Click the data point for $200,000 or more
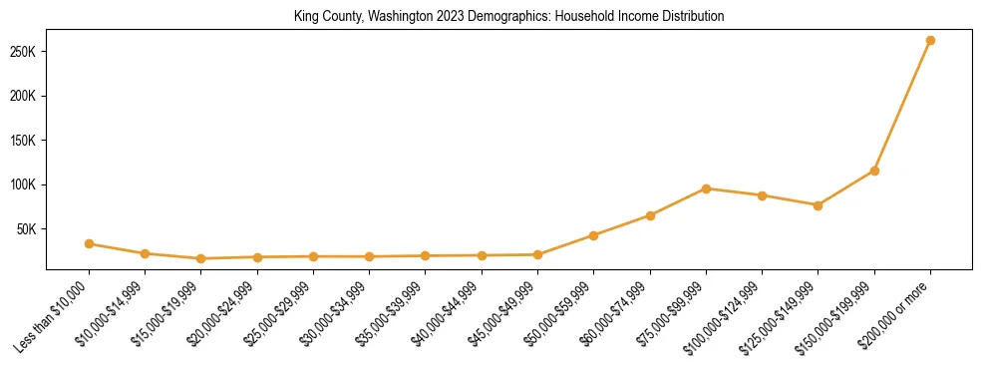(x=930, y=41)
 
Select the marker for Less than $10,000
(x=90, y=243)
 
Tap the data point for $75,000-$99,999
(x=706, y=188)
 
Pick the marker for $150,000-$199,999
(x=874, y=171)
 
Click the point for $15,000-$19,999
(x=201, y=258)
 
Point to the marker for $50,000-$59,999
(x=594, y=235)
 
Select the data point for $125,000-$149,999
(x=818, y=205)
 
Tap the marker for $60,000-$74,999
(x=650, y=215)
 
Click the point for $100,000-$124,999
(x=762, y=195)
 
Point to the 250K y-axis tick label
(x=25, y=52)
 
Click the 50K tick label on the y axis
(x=28, y=228)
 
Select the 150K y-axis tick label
(x=25, y=141)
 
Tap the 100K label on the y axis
(x=25, y=184)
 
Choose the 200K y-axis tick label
(x=25, y=97)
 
